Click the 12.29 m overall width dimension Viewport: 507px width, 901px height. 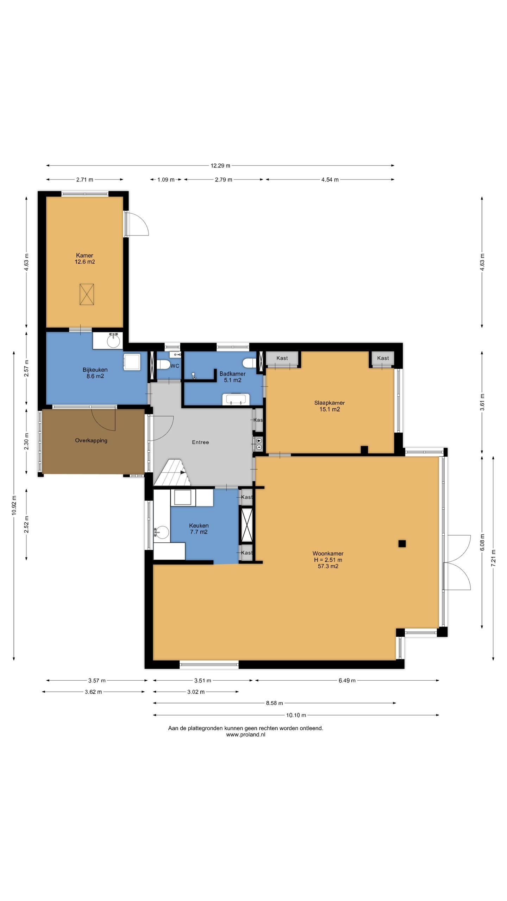[x=220, y=165]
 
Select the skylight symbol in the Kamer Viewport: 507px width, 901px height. [x=87, y=294]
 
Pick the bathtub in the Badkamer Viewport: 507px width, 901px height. [x=236, y=399]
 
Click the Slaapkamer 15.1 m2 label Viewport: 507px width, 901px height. [x=330, y=406]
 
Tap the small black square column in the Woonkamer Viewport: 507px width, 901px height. [x=402, y=543]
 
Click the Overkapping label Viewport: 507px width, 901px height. [x=91, y=440]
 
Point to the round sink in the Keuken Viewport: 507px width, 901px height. [x=162, y=531]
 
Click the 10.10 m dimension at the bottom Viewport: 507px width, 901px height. [x=296, y=715]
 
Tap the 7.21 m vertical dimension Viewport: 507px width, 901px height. [x=493, y=558]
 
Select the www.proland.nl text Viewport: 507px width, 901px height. [x=246, y=735]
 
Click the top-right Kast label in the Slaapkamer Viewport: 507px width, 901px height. [x=383, y=358]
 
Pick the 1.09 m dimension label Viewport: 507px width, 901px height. [x=166, y=179]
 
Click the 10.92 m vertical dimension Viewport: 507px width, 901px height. [x=14, y=505]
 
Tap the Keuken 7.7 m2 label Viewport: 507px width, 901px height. [x=199, y=529]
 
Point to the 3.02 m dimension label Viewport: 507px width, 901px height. [x=196, y=692]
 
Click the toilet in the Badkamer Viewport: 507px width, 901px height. [x=250, y=363]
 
